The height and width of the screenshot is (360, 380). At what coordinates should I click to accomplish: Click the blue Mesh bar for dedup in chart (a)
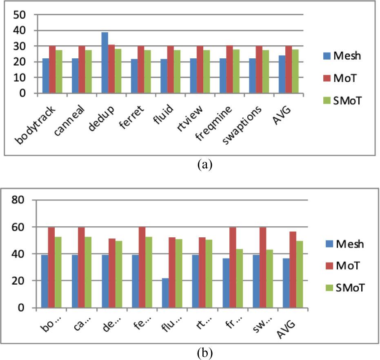coord(104,63)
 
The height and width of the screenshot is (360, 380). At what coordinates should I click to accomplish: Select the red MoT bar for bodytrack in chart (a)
coord(52,70)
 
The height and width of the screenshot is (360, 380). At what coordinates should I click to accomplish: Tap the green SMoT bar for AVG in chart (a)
coord(295,72)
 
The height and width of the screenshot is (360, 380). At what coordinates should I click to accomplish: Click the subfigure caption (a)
coord(204,164)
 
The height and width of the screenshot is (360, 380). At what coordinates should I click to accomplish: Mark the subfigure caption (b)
coord(204,351)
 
